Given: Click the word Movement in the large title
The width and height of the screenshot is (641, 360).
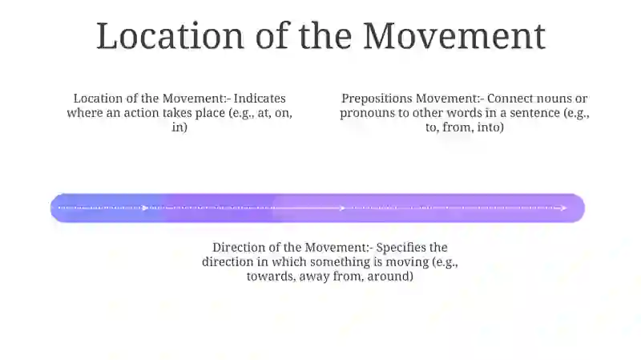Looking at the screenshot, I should click(454, 37).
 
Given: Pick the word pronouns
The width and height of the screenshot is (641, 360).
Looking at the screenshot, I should click(369, 113).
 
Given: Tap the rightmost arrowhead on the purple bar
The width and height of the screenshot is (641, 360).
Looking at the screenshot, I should click(563, 208).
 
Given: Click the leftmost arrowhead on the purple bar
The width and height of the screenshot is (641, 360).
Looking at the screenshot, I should click(145, 208).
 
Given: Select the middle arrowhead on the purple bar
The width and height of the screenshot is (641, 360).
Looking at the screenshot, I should click(342, 208).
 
